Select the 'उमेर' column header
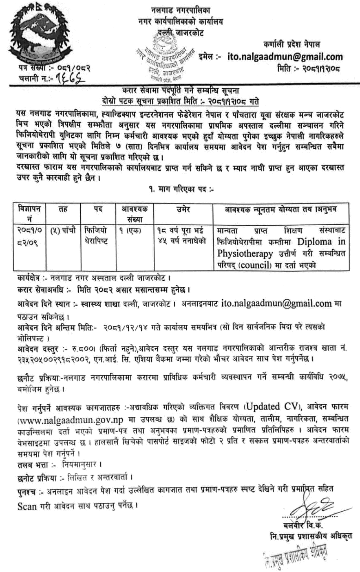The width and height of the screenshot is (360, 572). click(182, 209)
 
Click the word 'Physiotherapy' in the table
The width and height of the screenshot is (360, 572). click(245, 253)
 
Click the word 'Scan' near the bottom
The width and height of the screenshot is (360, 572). click(27, 506)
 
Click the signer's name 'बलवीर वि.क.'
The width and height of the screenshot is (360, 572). click(305, 524)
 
